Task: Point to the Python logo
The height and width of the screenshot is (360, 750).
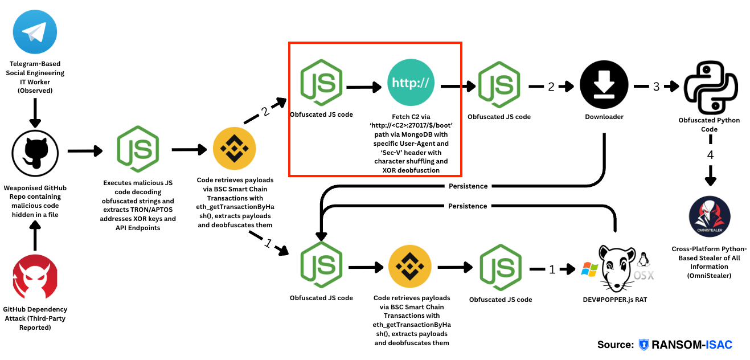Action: [x=709, y=85]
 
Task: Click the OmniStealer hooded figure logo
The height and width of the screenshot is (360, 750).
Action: [x=709, y=217]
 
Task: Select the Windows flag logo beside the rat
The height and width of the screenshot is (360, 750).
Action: [x=589, y=269]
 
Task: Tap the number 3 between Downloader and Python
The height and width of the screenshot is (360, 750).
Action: [x=656, y=87]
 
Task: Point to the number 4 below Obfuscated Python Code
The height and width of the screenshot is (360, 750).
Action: [x=710, y=154]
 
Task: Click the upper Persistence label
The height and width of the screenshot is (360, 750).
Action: [x=468, y=186]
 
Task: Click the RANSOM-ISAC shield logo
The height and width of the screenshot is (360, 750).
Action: [x=644, y=345]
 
